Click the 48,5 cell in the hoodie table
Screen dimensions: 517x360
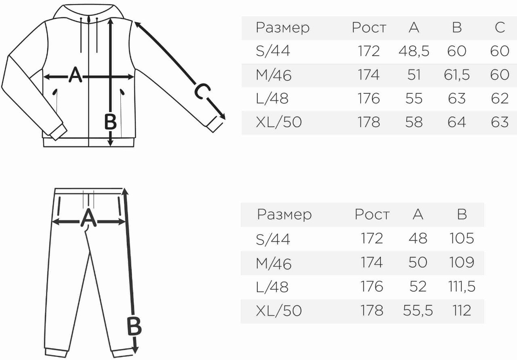click(x=414, y=51)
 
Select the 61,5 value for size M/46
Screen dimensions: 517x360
click(x=457, y=75)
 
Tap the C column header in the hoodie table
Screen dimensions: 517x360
click(x=500, y=27)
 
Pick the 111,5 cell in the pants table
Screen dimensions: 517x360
click(x=462, y=286)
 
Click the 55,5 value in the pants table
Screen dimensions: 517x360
click(x=418, y=310)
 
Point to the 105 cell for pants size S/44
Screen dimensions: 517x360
click(x=462, y=238)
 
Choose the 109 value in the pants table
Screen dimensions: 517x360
click(x=462, y=262)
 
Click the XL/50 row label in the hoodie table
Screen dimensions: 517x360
click(x=279, y=122)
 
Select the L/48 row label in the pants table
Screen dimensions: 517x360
click(x=272, y=287)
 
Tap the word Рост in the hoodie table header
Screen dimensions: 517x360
click(x=369, y=28)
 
